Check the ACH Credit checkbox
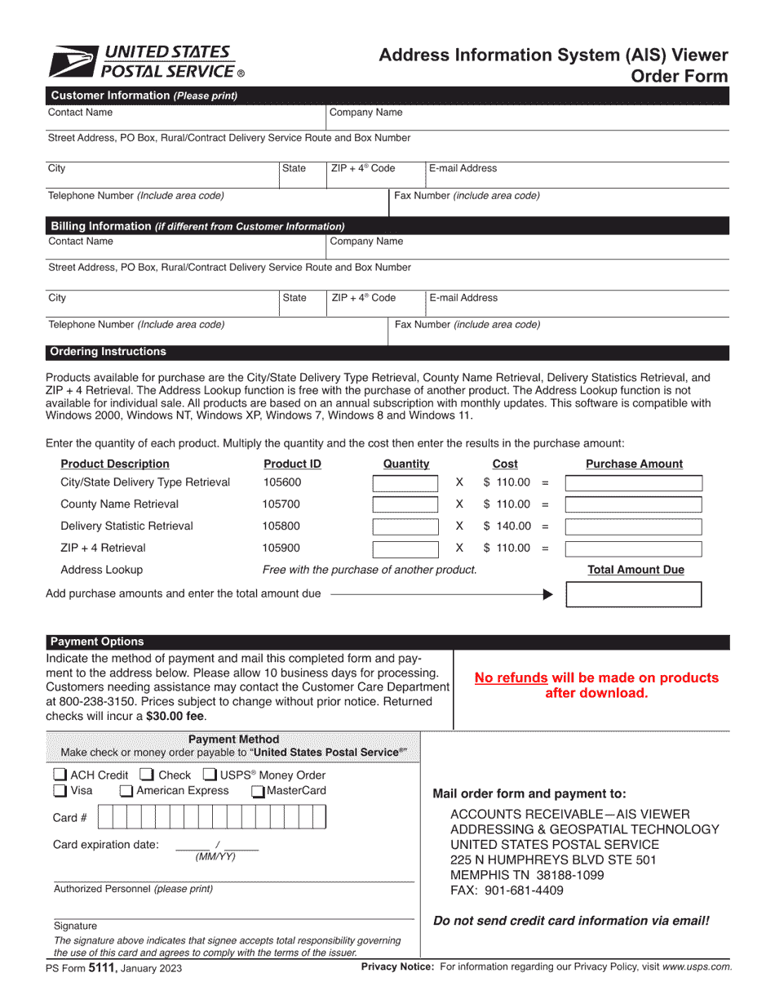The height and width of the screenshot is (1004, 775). tap(60, 775)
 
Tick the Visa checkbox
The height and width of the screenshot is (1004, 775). tap(60, 790)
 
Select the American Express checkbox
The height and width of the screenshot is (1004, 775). tap(126, 790)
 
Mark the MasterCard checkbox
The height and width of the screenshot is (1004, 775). tap(258, 790)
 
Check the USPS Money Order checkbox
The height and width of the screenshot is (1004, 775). tap(210, 775)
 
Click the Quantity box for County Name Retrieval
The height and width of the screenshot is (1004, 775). tap(405, 504)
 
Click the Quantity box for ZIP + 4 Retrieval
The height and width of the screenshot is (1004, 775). tap(405, 549)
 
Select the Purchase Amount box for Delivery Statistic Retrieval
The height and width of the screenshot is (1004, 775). tap(633, 526)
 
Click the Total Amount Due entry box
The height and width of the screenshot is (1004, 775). tap(633, 594)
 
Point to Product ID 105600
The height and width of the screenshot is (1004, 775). tap(281, 482)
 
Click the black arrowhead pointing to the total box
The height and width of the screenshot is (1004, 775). tap(547, 594)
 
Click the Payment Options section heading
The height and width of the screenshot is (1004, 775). tap(97, 642)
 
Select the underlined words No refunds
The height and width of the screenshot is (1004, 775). tap(511, 677)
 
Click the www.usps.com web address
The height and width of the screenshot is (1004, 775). tap(697, 966)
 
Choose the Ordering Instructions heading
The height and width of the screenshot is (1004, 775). tap(108, 352)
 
